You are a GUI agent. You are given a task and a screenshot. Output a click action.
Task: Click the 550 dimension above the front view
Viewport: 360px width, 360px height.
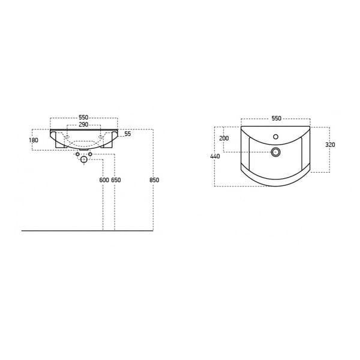point(83,118)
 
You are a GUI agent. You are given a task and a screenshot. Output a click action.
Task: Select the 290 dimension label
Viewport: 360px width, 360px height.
point(83,124)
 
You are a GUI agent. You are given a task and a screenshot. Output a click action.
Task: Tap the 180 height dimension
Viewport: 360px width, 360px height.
point(34,140)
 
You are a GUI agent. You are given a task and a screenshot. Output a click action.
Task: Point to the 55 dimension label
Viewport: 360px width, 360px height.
point(128,134)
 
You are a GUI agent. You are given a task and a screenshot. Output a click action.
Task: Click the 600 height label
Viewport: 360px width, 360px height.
point(104,180)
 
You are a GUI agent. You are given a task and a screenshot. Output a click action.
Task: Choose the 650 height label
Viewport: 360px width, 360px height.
point(116,180)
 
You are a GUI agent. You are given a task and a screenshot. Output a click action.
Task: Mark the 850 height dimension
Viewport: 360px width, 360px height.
point(154,180)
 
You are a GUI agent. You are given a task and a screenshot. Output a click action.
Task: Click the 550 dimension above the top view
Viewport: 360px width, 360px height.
point(277,118)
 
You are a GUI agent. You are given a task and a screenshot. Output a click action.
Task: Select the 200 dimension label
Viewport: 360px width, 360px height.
point(224,138)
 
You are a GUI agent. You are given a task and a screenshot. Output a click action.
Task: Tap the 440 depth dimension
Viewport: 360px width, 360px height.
point(215,156)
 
